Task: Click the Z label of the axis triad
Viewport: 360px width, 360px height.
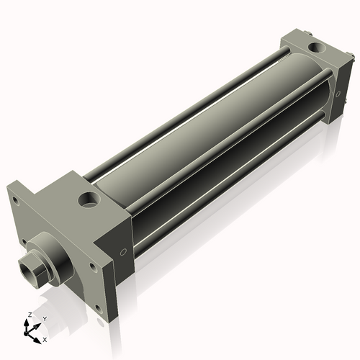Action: point(27,315)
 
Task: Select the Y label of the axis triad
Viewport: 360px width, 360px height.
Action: point(44,318)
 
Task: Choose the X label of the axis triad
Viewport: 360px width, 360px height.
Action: point(45,338)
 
